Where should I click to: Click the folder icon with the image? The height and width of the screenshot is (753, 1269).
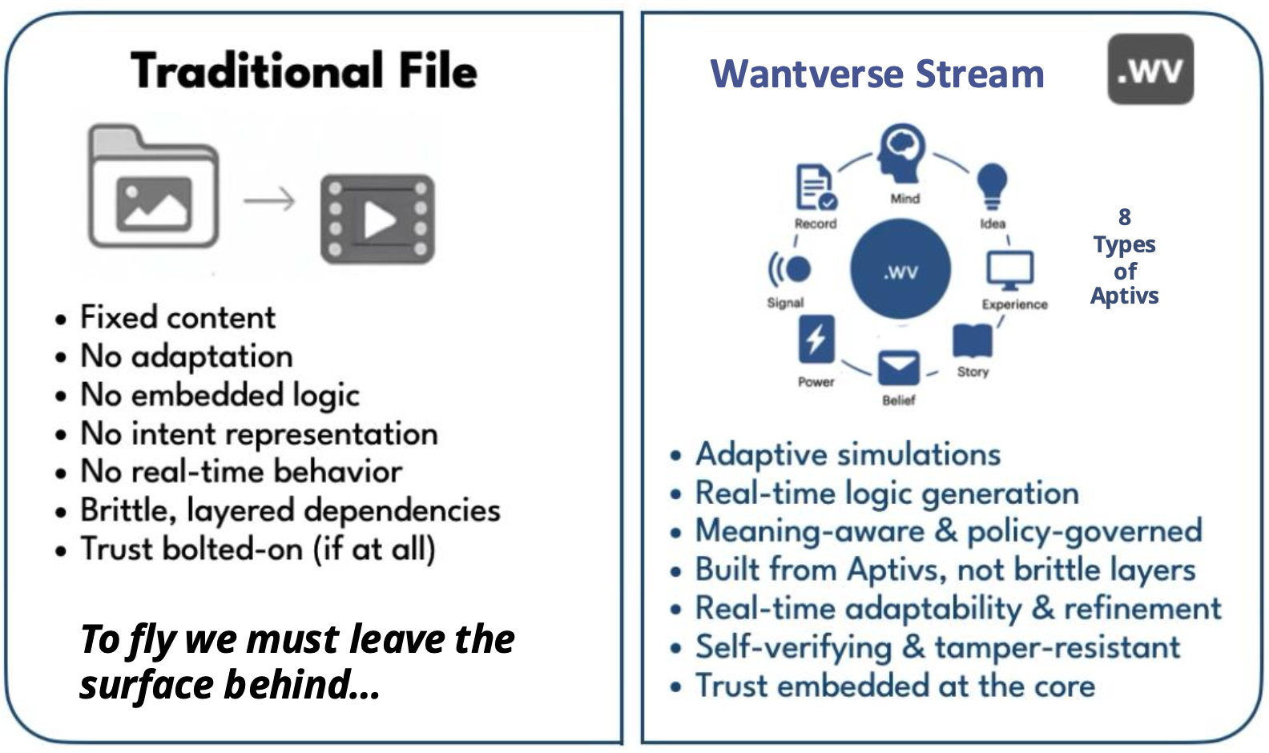tap(153, 189)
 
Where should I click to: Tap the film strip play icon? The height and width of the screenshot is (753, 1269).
tap(377, 219)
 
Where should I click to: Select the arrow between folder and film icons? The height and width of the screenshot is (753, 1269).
tap(269, 200)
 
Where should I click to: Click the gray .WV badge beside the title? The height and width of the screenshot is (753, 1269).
tap(1150, 70)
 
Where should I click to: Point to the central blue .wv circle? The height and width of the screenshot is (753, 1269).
tap(900, 270)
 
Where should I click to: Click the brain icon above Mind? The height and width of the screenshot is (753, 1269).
tap(902, 153)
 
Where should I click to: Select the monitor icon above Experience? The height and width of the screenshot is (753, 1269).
tap(1009, 270)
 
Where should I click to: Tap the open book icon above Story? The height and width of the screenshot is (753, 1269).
tap(972, 340)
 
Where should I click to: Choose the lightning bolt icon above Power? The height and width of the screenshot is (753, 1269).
tap(816, 340)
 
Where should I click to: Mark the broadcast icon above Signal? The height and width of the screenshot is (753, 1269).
tap(790, 269)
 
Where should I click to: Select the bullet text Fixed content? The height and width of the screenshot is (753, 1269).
tap(177, 317)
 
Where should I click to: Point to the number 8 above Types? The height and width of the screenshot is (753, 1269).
tap(1125, 217)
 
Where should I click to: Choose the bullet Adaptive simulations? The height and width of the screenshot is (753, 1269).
tap(848, 454)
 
